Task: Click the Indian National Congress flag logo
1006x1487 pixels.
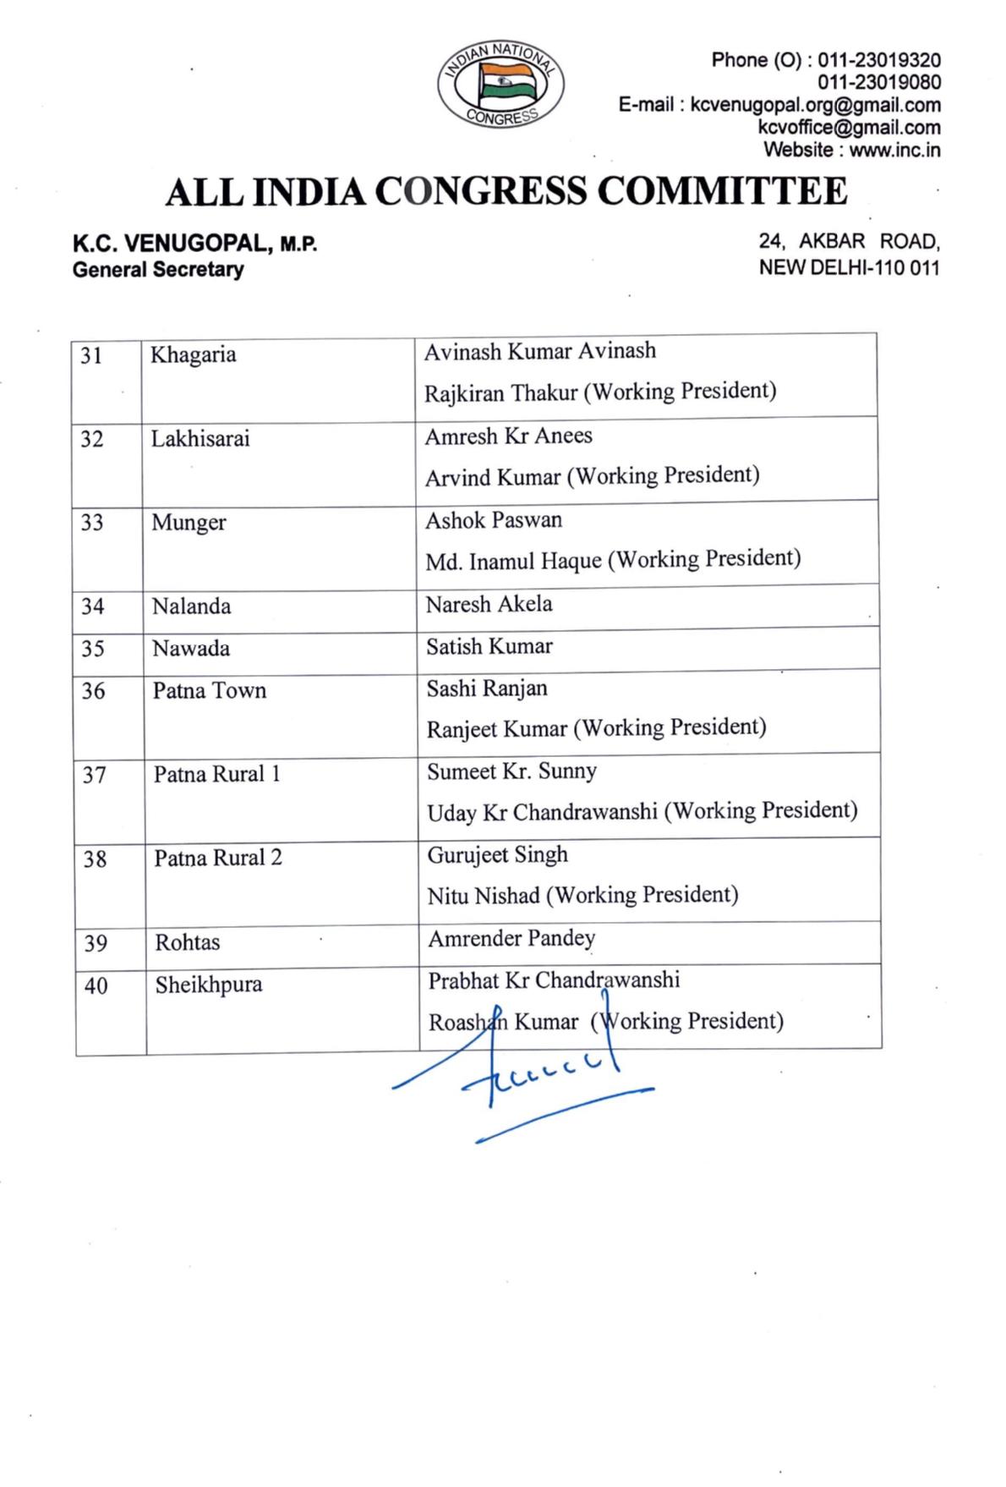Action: [x=501, y=85]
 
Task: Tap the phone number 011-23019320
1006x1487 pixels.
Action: [x=879, y=60]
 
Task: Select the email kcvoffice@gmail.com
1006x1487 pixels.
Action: [x=849, y=128]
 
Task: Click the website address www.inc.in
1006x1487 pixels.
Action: [x=894, y=150]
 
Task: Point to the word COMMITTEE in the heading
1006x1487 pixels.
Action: [x=722, y=191]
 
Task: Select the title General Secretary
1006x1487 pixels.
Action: [x=158, y=270]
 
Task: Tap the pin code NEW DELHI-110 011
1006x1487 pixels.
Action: [x=849, y=267]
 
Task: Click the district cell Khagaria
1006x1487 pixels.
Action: [x=194, y=354]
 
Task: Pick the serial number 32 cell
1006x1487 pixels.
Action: [x=92, y=439]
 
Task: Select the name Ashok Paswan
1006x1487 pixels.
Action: [x=494, y=520]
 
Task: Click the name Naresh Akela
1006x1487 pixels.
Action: [x=489, y=604]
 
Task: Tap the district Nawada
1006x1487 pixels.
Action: [x=191, y=649]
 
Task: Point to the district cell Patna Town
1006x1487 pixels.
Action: [x=210, y=691]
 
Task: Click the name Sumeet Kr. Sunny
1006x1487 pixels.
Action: [x=512, y=771]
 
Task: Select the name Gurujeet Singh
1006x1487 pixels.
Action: [x=498, y=854]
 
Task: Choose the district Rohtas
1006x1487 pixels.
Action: [x=188, y=942]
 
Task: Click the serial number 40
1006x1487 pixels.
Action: [x=96, y=985]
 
